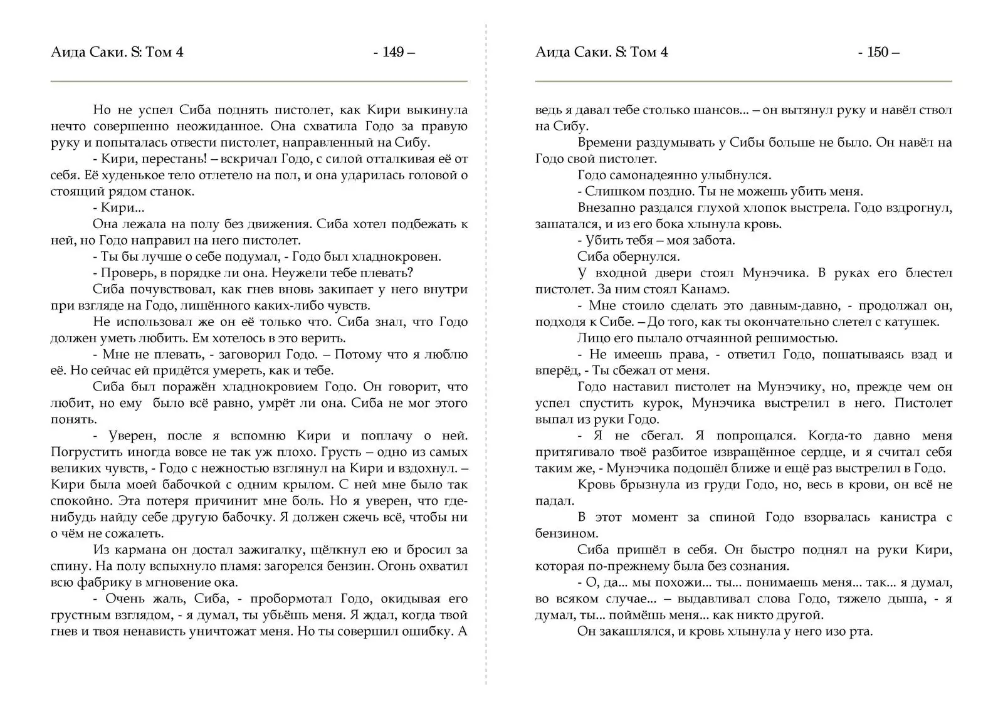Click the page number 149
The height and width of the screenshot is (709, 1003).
[x=393, y=52]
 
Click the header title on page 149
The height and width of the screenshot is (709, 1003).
[x=117, y=52]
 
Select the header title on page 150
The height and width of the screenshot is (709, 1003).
[x=602, y=52]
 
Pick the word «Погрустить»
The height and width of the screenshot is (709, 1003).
[x=85, y=452]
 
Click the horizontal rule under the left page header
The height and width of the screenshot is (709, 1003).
[x=259, y=81]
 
